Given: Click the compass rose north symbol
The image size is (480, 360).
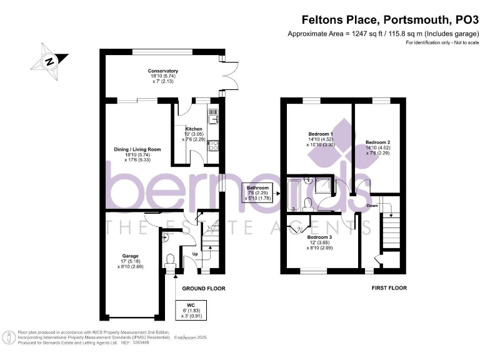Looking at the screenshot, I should pos(48,61).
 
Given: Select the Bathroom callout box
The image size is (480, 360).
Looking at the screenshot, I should pos(257,193).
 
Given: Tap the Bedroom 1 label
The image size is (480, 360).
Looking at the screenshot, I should pos(321,139).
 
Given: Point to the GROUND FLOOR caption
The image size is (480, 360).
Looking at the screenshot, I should pos(203,289).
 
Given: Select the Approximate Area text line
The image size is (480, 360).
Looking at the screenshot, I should pos(382,33).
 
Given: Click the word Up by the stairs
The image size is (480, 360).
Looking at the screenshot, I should pos(195,254).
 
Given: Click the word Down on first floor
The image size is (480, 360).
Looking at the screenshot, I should pos(372,206).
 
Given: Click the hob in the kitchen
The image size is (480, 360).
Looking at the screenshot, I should pos(212,147).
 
